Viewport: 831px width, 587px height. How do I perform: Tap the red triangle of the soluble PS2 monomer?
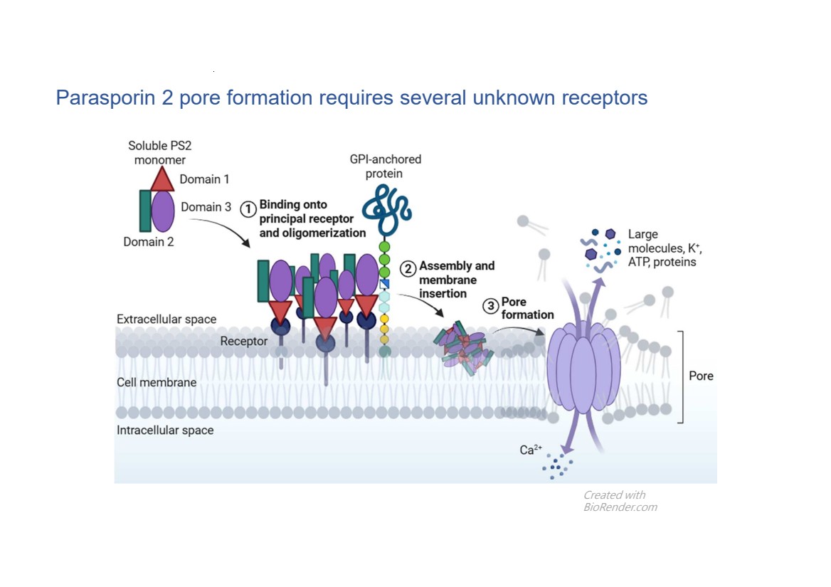coord(162,179)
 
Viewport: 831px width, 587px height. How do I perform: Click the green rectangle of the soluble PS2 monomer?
coord(145,211)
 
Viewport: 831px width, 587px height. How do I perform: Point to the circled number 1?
coord(248,209)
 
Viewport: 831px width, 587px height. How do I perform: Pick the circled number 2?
coord(408,270)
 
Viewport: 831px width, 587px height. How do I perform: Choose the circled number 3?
coord(491,306)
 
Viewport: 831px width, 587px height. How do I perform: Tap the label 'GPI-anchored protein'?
coord(386,166)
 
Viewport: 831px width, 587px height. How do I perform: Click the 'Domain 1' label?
coord(204,179)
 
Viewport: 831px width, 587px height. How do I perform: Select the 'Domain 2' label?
coord(149,242)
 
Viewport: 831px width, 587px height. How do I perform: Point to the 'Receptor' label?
coord(244,342)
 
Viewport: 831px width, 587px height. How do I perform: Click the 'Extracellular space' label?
coord(166,319)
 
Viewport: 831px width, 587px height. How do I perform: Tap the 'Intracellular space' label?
coord(165,430)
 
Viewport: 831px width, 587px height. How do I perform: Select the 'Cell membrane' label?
coord(157,383)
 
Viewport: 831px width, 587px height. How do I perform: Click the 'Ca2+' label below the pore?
coord(531,450)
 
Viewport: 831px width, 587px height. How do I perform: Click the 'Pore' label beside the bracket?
coord(701,376)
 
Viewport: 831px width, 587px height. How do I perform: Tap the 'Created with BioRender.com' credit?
coord(620,501)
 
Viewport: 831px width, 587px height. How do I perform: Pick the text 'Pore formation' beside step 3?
coord(527,308)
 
